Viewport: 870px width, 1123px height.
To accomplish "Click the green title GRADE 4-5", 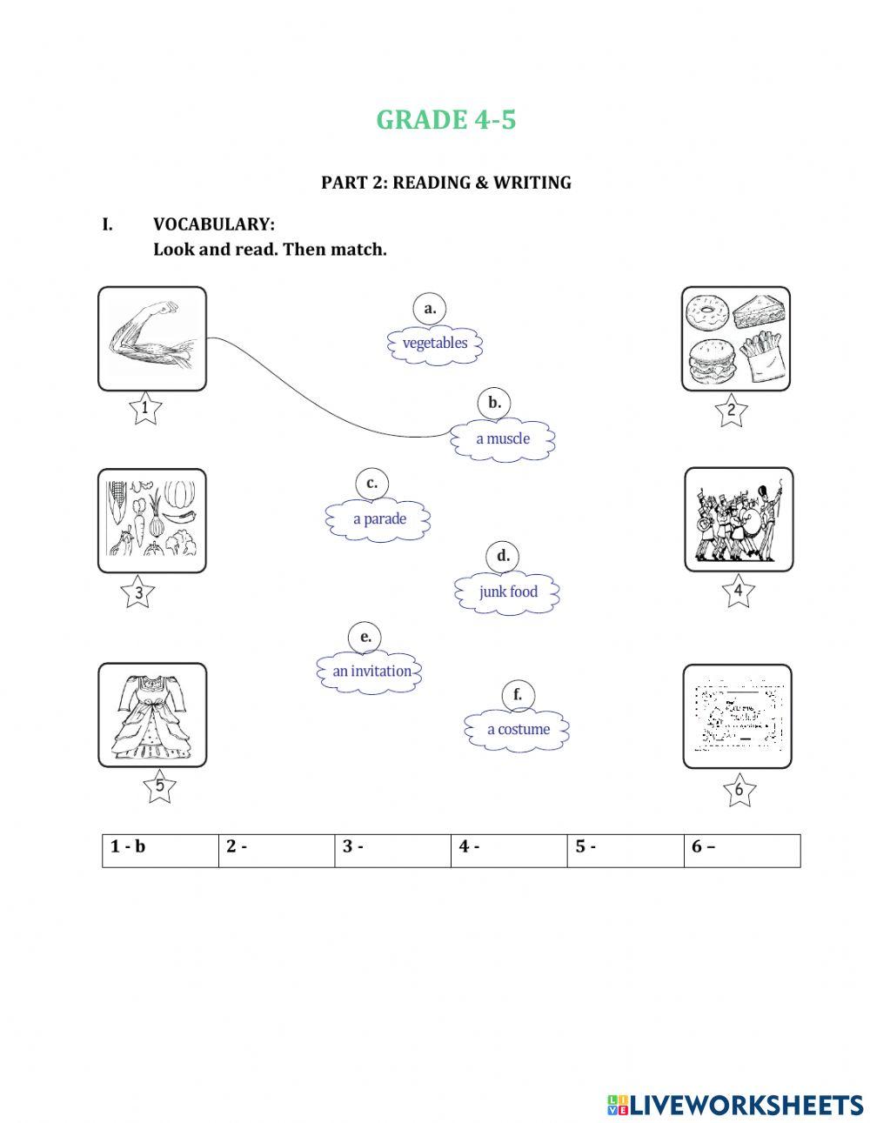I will [x=445, y=120].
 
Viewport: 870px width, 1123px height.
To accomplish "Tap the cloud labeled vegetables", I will [x=434, y=343].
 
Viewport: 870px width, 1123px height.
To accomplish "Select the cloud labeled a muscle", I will [x=502, y=438].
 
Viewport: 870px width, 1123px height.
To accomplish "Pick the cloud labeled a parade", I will [x=378, y=519].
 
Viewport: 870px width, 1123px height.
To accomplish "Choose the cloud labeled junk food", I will [x=507, y=592].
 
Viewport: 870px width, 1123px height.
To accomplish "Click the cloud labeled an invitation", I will [x=371, y=672].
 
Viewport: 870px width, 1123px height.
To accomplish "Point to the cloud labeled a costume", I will [x=518, y=730].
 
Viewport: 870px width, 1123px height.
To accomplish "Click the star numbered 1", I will [x=144, y=408].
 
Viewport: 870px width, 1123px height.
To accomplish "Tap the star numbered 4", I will [x=738, y=592].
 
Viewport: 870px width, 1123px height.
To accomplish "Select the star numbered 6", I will [x=739, y=790].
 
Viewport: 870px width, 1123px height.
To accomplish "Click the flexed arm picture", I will [x=151, y=338].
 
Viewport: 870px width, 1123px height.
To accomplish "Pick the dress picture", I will [x=151, y=715].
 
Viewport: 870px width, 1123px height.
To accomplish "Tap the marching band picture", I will [x=738, y=519].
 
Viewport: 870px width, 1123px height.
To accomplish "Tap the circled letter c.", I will [x=371, y=484].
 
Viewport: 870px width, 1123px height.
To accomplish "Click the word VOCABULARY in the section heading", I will [x=214, y=224].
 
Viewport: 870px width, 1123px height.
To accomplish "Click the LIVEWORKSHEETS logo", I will [x=735, y=1104].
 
